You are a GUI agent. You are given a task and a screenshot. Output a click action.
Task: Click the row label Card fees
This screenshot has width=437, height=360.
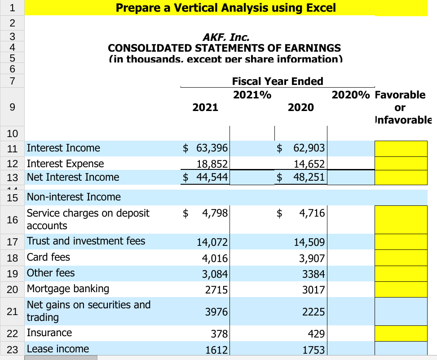point(49,258)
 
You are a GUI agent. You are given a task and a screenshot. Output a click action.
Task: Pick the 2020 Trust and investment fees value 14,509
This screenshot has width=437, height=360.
point(309,242)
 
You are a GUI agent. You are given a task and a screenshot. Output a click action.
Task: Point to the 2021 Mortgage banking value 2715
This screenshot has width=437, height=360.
point(216,289)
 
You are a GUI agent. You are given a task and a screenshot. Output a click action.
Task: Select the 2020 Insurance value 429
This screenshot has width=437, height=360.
point(315,334)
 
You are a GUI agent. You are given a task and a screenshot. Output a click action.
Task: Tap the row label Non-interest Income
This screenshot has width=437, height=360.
point(74,197)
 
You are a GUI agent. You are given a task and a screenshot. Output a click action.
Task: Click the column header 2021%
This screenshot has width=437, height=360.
point(252,95)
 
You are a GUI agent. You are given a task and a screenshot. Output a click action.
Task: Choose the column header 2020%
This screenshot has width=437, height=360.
point(351,95)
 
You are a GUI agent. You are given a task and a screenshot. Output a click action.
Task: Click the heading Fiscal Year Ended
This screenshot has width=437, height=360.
point(278,81)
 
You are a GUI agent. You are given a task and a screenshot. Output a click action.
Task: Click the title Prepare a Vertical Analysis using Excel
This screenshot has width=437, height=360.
point(225,8)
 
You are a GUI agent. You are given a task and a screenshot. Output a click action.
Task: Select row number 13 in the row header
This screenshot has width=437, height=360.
point(12,177)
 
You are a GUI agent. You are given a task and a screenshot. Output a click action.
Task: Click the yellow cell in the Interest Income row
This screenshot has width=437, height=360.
point(401,148)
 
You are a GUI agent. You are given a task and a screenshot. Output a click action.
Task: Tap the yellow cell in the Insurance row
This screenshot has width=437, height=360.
point(401,334)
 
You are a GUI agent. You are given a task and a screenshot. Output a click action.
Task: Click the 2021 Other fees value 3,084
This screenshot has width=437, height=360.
point(213,274)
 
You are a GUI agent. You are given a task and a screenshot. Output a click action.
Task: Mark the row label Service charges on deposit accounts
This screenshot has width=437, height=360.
point(88,219)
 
